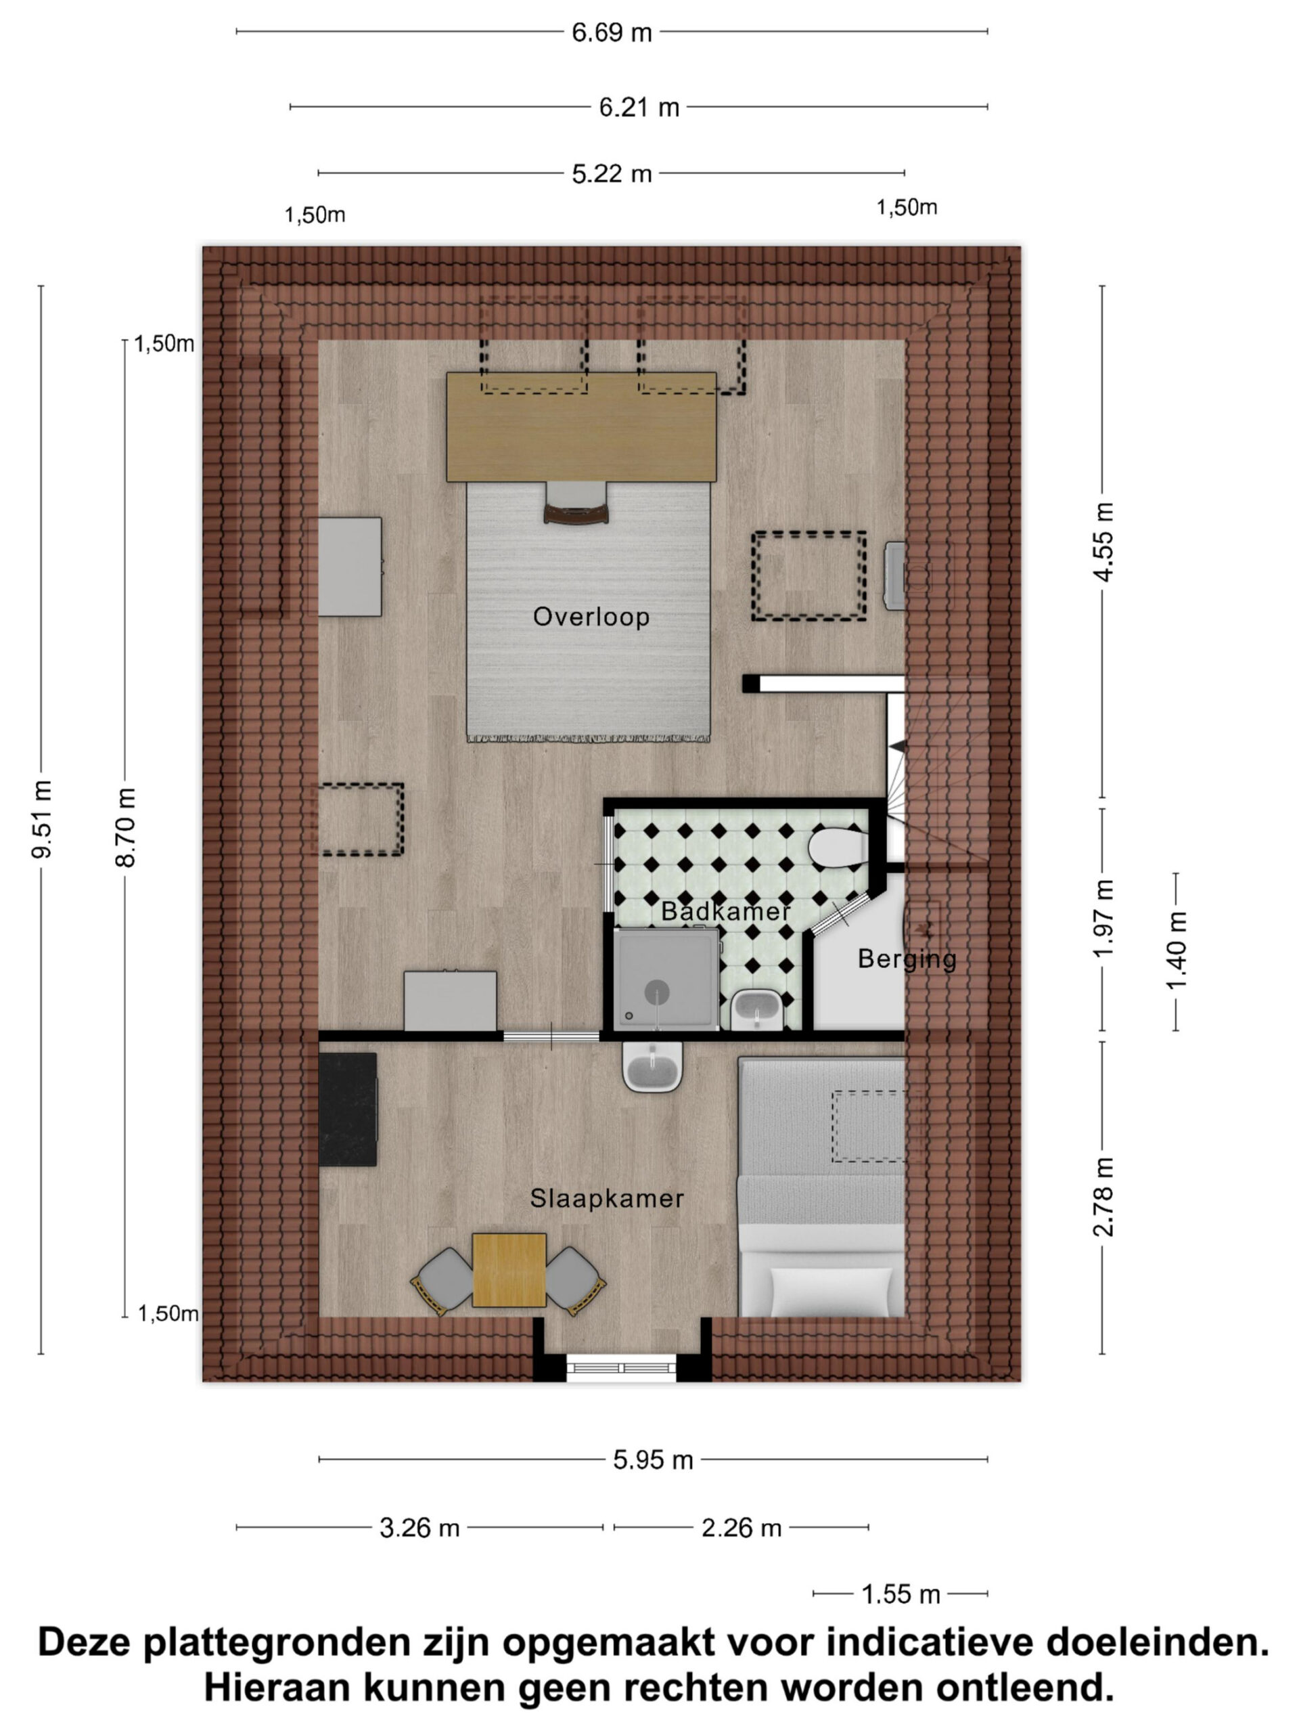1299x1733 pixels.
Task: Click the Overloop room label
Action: click(x=591, y=617)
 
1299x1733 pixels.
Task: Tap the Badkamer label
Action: click(x=725, y=911)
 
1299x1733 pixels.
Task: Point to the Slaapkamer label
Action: click(x=607, y=1198)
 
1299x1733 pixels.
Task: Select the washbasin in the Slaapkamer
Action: click(x=652, y=1066)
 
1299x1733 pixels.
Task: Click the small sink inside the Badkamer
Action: click(x=756, y=1011)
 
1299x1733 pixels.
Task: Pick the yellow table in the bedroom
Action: click(x=509, y=1270)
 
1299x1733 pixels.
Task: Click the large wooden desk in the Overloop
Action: click(x=581, y=426)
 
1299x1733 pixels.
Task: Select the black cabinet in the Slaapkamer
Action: click(x=348, y=1110)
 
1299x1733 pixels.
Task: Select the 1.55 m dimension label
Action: click(x=901, y=1594)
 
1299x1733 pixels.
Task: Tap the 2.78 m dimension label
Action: click(x=1103, y=1196)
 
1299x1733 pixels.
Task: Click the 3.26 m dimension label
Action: click(x=419, y=1527)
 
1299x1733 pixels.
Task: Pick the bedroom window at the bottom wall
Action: click(x=622, y=1367)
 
